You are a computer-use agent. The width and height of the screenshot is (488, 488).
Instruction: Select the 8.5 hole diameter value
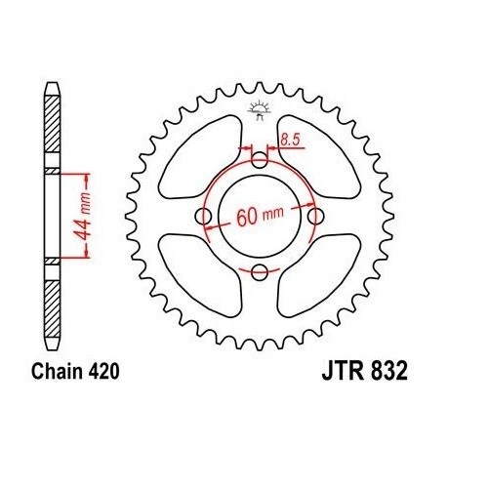tap(291, 140)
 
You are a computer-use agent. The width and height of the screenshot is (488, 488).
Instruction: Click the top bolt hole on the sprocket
tap(259, 160)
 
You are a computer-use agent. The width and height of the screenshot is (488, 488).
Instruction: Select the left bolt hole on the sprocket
tap(203, 216)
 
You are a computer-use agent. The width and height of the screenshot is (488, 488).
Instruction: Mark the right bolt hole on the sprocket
tap(314, 216)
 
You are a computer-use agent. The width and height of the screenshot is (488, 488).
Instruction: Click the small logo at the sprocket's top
tap(259, 109)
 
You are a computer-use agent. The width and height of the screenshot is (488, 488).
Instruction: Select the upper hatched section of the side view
tap(52, 132)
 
